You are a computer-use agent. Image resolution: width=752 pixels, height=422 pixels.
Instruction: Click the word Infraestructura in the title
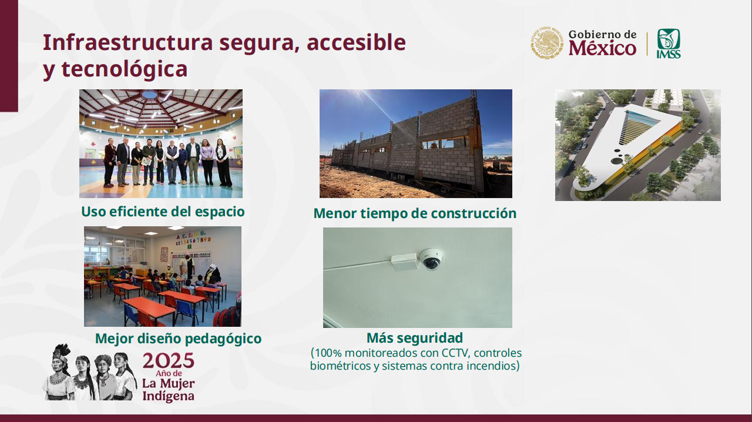(x=128, y=42)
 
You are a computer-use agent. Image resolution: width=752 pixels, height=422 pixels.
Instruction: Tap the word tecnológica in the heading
(x=125, y=69)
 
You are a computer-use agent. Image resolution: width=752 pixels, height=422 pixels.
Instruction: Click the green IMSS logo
(x=669, y=43)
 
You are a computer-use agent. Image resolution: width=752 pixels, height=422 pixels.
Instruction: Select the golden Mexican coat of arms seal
(x=547, y=43)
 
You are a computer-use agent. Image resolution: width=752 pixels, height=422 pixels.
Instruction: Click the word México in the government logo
(x=602, y=48)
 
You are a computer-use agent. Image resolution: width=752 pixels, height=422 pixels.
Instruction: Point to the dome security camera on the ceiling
(x=431, y=259)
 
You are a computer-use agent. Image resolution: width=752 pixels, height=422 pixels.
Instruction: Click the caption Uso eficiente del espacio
(x=163, y=212)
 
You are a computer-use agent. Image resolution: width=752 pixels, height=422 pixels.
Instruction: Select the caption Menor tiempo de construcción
(x=415, y=213)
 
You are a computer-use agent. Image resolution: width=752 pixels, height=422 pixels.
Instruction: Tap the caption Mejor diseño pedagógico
(x=178, y=339)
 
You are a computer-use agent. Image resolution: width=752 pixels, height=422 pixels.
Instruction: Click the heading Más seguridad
(x=415, y=338)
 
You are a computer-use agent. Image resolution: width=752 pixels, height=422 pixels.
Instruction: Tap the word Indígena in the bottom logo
(x=168, y=395)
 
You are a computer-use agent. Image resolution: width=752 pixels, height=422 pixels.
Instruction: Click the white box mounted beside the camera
(x=405, y=262)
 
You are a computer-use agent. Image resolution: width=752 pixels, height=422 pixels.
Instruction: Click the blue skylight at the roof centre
(x=149, y=95)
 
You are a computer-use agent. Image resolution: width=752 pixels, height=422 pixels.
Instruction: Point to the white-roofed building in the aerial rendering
(x=625, y=145)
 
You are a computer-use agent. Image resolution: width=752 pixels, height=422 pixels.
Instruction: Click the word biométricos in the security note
(x=340, y=366)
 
